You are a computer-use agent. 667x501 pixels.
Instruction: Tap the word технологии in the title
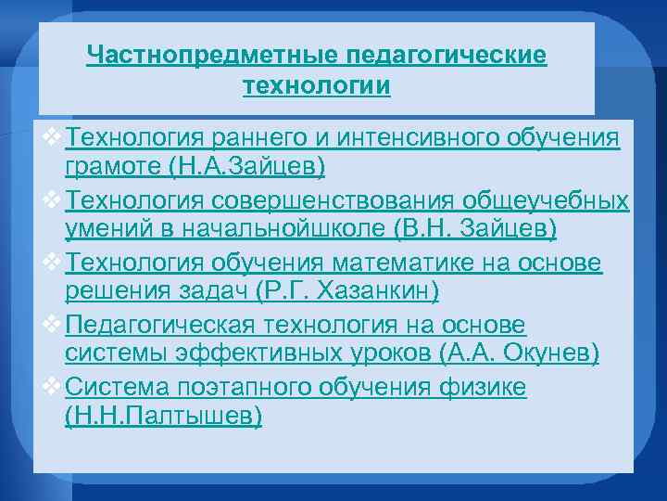(x=316, y=87)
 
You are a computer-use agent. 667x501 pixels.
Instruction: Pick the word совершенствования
(x=323, y=200)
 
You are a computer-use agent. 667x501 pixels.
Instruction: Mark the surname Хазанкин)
(x=378, y=291)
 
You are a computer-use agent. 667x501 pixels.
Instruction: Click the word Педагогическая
(x=166, y=326)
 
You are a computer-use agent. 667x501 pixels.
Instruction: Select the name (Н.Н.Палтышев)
(x=164, y=416)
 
